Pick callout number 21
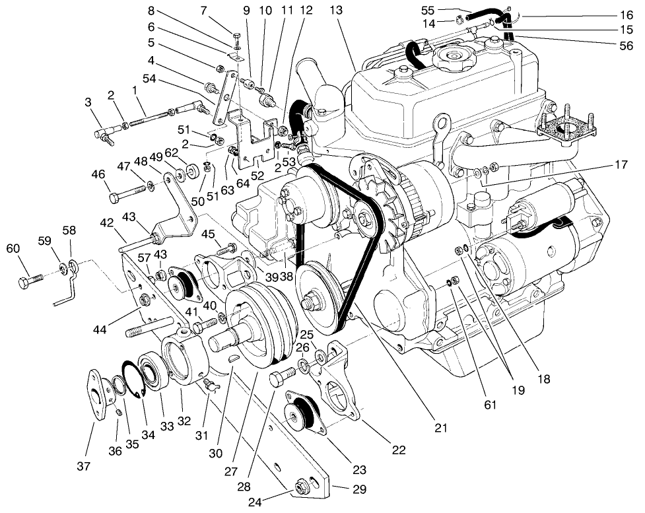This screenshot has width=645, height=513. pyautogui.click(x=440, y=427)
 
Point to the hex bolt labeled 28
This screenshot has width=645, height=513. pyautogui.click(x=278, y=381)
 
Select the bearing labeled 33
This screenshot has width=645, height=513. pyautogui.click(x=153, y=376)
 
